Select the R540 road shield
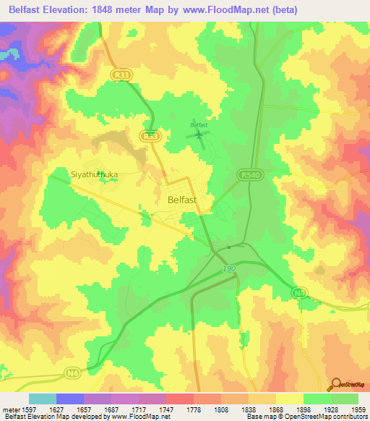[247, 174]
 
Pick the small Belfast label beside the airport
[198, 124]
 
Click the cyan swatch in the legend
[43, 399]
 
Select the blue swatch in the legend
[70, 399]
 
